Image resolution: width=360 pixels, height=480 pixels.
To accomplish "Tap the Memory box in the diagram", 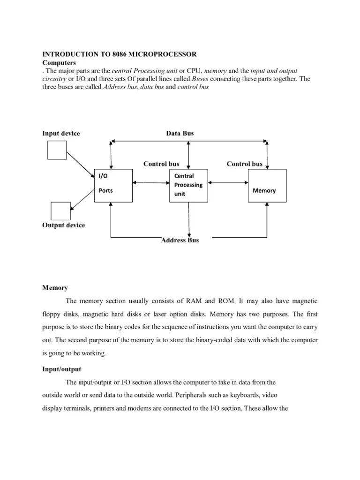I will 267,185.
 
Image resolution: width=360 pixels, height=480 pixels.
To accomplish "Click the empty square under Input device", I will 57,150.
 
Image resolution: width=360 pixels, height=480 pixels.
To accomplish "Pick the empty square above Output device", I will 60,210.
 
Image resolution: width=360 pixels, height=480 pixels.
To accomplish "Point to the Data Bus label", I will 180,134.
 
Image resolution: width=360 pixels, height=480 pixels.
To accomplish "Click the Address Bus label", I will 180,240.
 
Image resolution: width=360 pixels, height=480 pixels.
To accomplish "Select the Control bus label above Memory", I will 244,164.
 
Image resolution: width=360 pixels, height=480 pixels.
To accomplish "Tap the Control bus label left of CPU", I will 161,164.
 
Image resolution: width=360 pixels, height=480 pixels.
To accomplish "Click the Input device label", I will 61,134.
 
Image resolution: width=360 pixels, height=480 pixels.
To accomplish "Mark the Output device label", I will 64,225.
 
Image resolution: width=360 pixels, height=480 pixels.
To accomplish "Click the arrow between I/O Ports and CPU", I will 150,183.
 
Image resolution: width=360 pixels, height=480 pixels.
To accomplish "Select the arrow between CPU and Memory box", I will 228,182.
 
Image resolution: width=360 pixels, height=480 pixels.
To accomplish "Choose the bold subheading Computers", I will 59,62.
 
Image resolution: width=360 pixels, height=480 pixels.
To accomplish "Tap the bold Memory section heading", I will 55,288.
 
